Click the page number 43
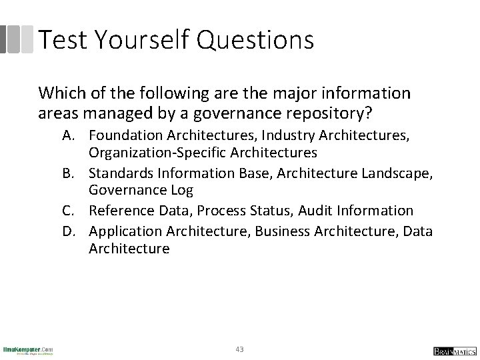tap(240, 348)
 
